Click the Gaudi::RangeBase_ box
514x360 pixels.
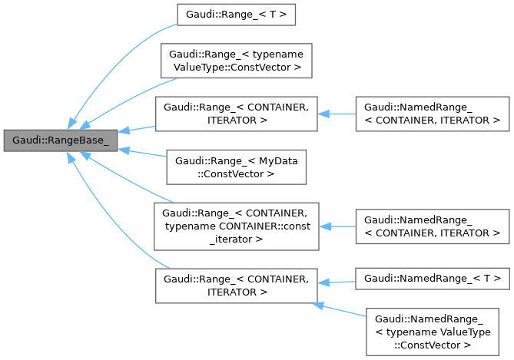pyautogui.click(x=60, y=140)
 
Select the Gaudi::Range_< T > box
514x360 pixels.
pyautogui.click(x=236, y=14)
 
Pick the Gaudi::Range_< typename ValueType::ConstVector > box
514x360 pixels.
pyautogui.click(x=237, y=62)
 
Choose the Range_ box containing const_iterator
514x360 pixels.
pyautogui.click(x=237, y=226)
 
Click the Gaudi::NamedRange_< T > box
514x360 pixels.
pyautogui.click(x=433, y=278)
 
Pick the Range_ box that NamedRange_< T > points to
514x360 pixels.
pyautogui.click(x=237, y=285)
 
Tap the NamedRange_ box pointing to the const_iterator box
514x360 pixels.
pyautogui.click(x=433, y=226)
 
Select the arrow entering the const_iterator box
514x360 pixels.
pyautogui.click(x=338, y=226)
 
